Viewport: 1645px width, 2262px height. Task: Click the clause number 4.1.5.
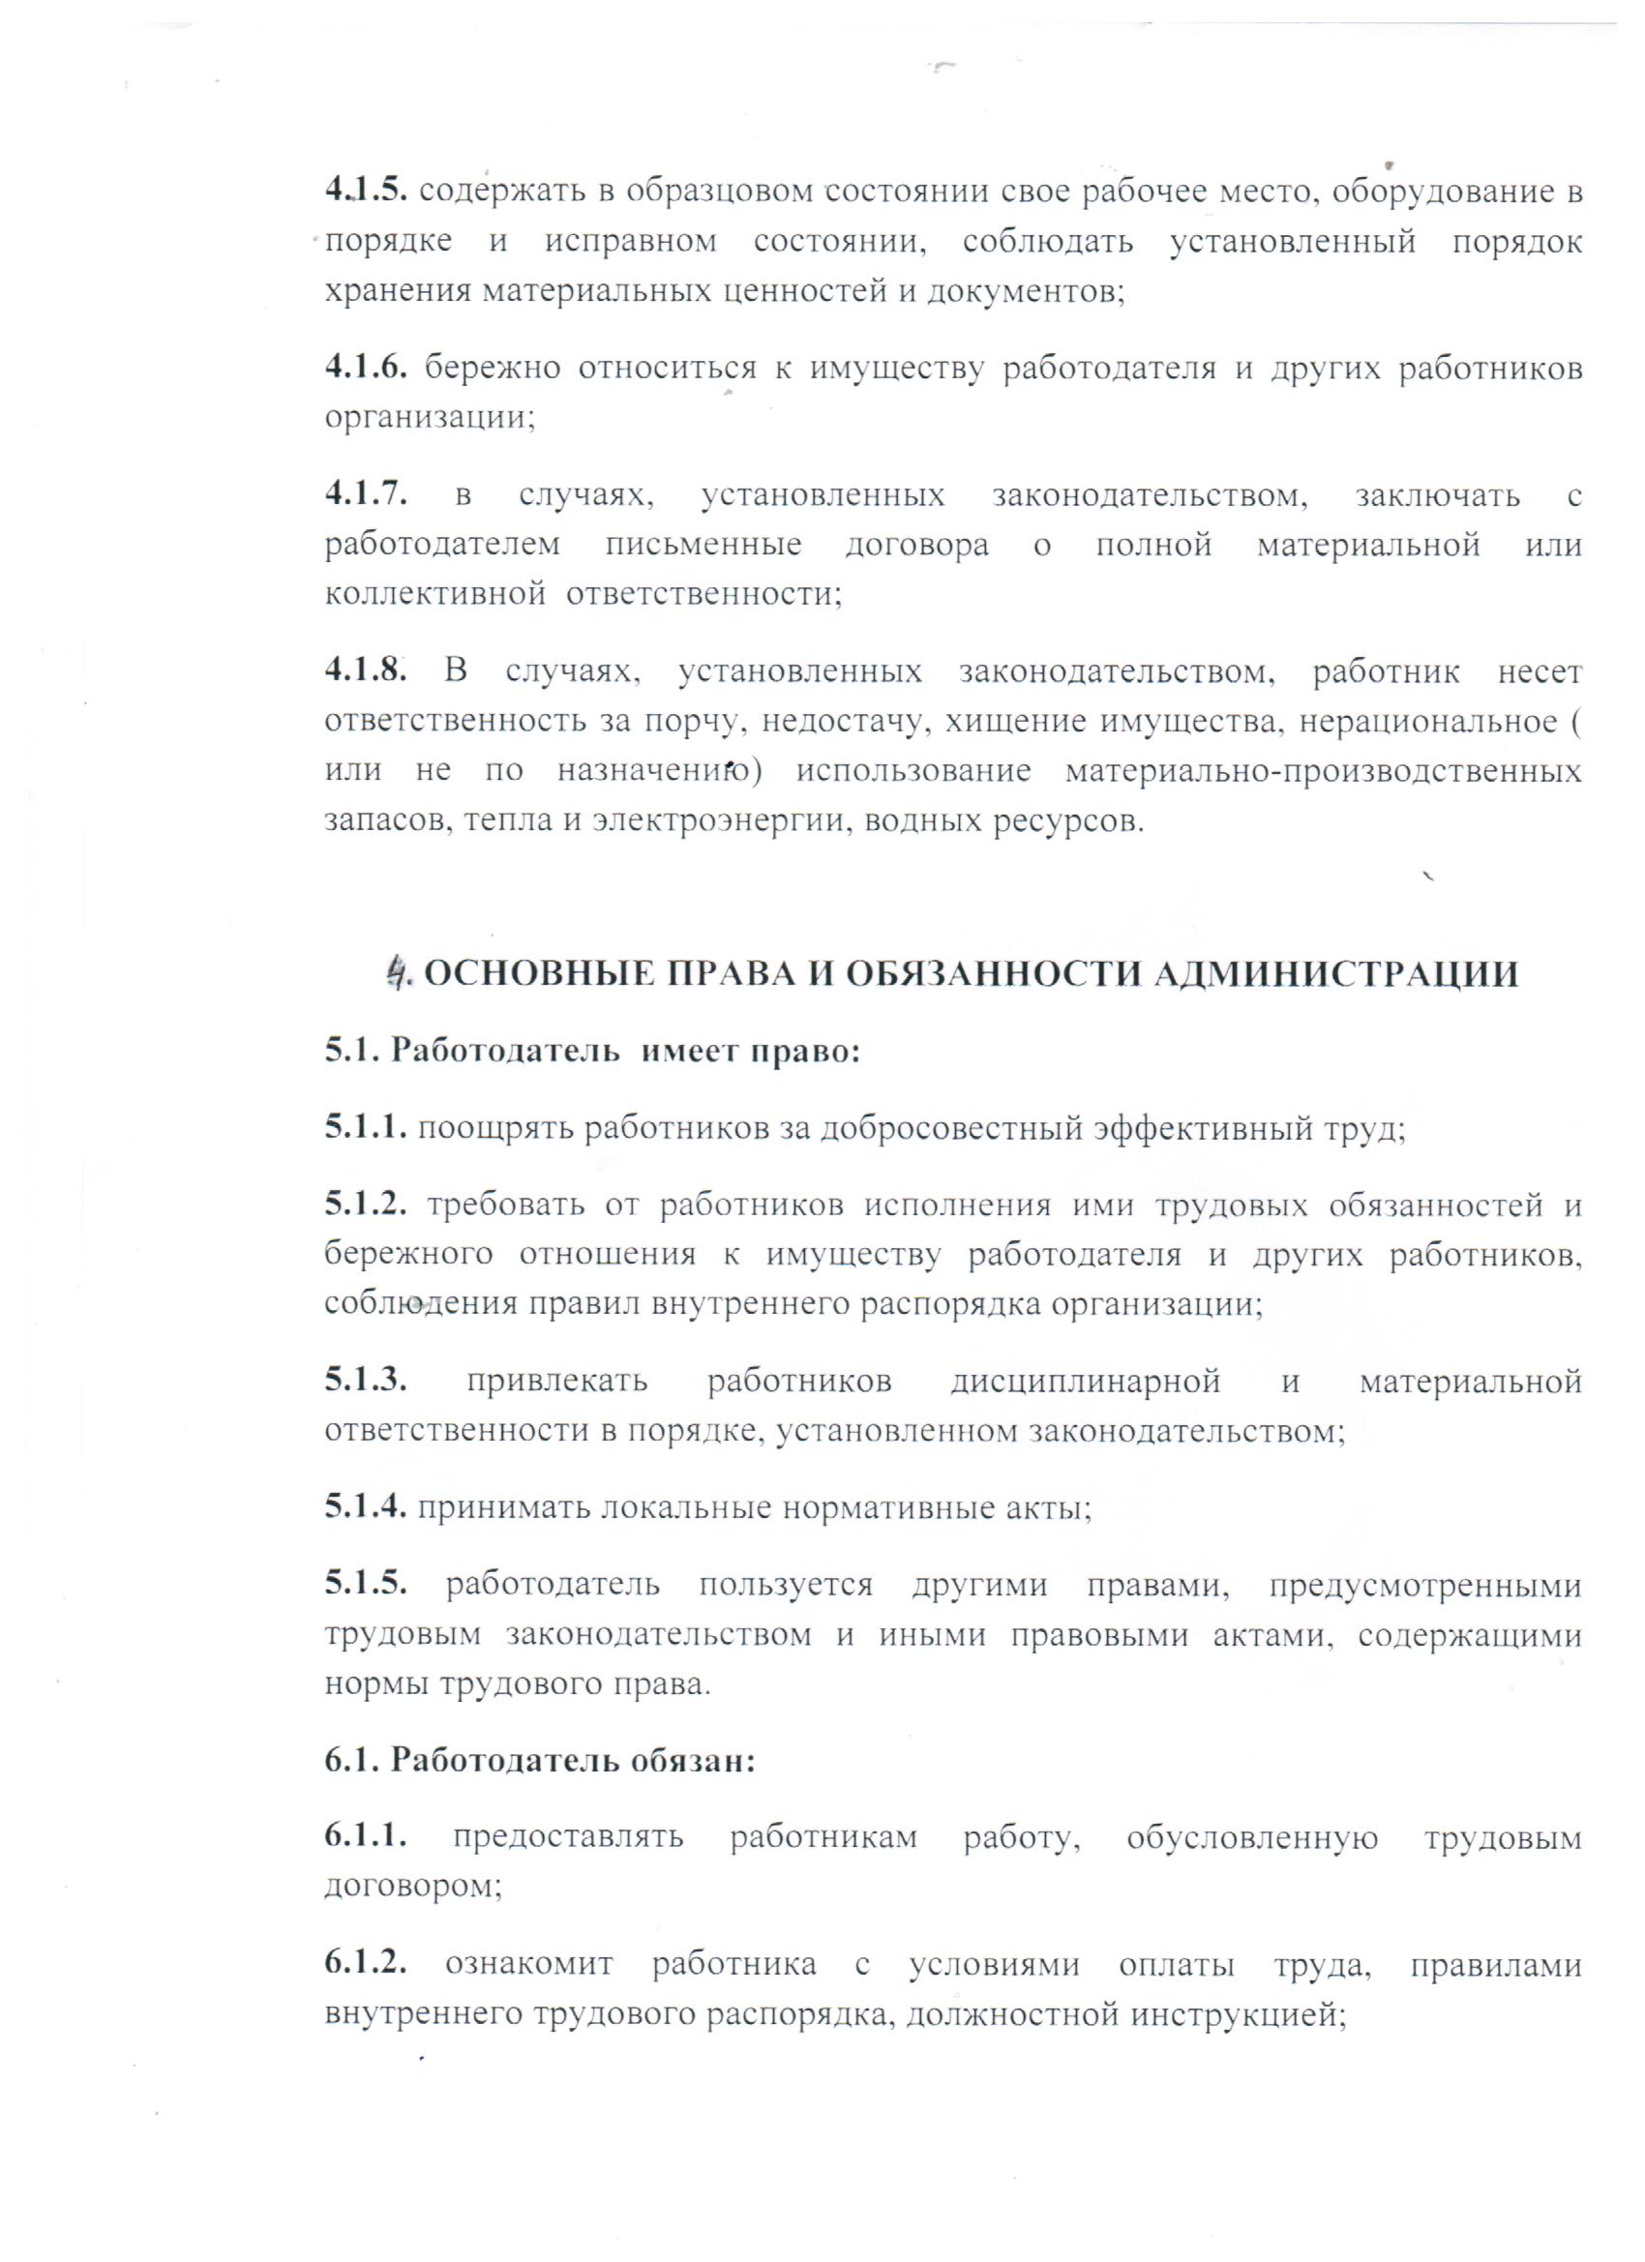(366, 191)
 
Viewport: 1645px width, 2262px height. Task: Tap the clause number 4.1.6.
(366, 368)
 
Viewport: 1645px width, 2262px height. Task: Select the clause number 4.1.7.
(366, 494)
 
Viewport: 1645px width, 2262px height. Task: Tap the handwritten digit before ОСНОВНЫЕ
(399, 972)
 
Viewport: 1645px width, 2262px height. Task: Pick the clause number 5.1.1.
(365, 1128)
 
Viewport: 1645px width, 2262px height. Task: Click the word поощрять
(494, 1129)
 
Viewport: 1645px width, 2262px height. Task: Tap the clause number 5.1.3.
(366, 1383)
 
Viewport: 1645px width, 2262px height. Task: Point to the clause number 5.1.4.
(365, 1509)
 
